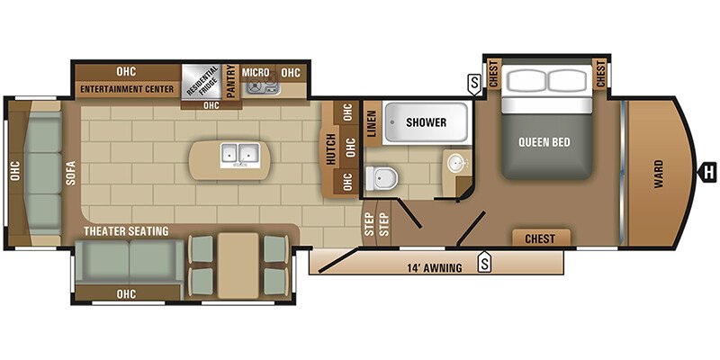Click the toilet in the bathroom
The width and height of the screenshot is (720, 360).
click(x=381, y=178)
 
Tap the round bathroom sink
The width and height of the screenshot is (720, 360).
click(x=457, y=162)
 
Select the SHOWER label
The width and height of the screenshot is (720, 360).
click(x=426, y=122)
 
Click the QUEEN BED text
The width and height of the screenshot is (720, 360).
click(x=544, y=142)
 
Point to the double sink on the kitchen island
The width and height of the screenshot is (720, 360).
click(x=239, y=154)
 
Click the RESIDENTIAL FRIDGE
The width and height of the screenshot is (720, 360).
click(x=201, y=81)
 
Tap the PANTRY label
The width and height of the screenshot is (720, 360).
click(x=231, y=81)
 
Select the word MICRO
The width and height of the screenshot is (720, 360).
click(x=256, y=73)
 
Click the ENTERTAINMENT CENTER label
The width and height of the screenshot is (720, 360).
click(x=127, y=89)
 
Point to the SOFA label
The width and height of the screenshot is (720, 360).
click(x=71, y=172)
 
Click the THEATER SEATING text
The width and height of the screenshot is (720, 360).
click(x=126, y=231)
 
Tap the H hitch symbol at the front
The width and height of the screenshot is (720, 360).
click(x=707, y=173)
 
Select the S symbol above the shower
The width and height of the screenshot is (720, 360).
click(x=473, y=85)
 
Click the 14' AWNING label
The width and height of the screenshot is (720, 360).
click(x=435, y=267)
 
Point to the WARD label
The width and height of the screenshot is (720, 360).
click(x=659, y=174)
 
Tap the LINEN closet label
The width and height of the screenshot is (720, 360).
click(x=372, y=122)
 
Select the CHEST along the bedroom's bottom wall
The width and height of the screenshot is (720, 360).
click(x=540, y=238)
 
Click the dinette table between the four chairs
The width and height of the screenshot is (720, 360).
click(x=238, y=265)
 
